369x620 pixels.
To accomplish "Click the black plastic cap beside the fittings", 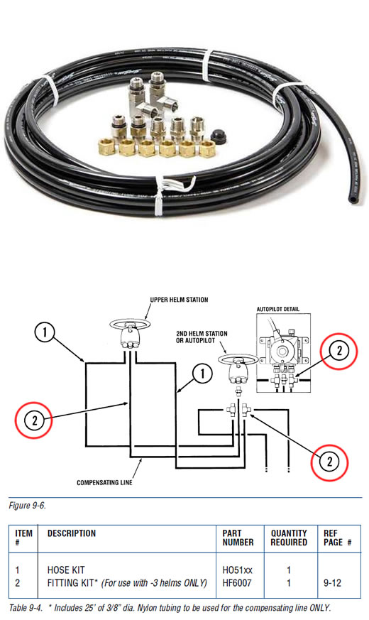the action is (218, 136).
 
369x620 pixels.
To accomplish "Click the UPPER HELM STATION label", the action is (179, 300).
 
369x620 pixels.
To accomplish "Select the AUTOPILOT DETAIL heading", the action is (278, 309).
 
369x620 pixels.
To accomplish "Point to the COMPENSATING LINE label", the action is (104, 482).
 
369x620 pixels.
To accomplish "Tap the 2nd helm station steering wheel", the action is (238, 360).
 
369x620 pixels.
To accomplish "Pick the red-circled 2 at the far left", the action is (34, 420).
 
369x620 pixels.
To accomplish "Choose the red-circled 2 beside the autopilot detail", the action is (339, 351).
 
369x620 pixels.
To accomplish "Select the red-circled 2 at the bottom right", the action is (329, 462).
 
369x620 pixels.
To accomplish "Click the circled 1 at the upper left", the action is (45, 332).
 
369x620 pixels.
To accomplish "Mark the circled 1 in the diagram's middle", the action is (203, 374).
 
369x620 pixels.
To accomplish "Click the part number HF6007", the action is (237, 583).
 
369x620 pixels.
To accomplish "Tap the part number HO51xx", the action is (237, 570).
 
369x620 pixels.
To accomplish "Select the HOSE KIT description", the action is (66, 570).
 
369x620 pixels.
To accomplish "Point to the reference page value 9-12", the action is (332, 583).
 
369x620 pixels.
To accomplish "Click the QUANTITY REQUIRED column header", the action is (289, 538).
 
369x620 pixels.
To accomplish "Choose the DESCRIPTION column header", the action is (72, 533).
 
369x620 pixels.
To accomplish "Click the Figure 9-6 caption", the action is (27, 506).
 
